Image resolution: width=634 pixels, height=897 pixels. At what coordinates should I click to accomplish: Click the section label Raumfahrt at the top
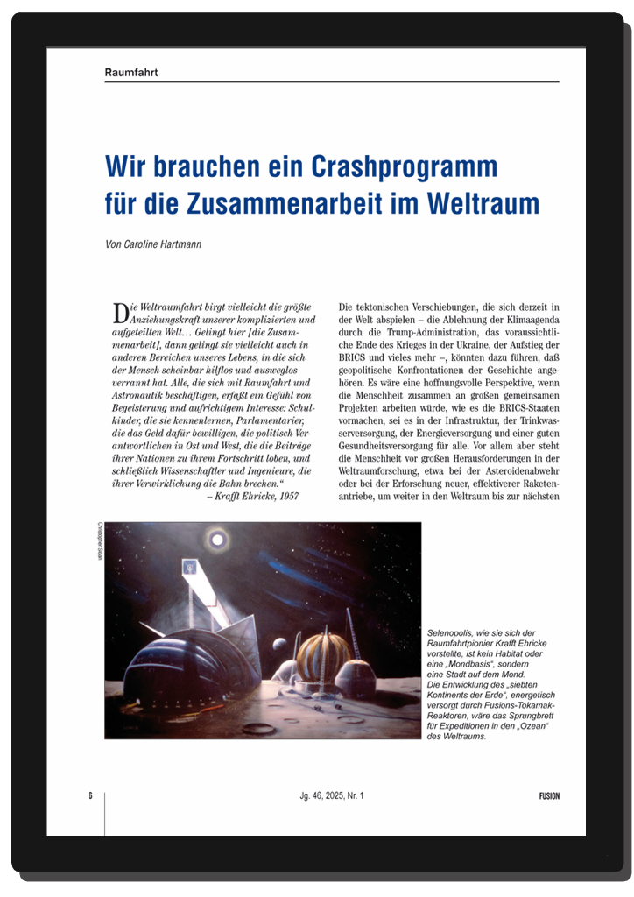click(x=130, y=72)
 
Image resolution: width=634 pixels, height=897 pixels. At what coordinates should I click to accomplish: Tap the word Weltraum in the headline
click(x=483, y=203)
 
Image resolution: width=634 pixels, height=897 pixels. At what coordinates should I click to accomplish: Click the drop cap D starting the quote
click(x=120, y=311)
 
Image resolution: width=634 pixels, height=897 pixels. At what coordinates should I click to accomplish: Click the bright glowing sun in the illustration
click(x=215, y=536)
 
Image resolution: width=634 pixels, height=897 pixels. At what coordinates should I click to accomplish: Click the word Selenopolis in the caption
click(x=451, y=632)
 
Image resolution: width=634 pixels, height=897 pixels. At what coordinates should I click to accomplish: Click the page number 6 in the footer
click(x=90, y=795)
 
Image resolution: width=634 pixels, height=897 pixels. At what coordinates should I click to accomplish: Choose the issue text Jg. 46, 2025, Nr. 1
click(x=330, y=795)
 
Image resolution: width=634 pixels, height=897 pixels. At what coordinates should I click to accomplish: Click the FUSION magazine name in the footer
click(x=548, y=795)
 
